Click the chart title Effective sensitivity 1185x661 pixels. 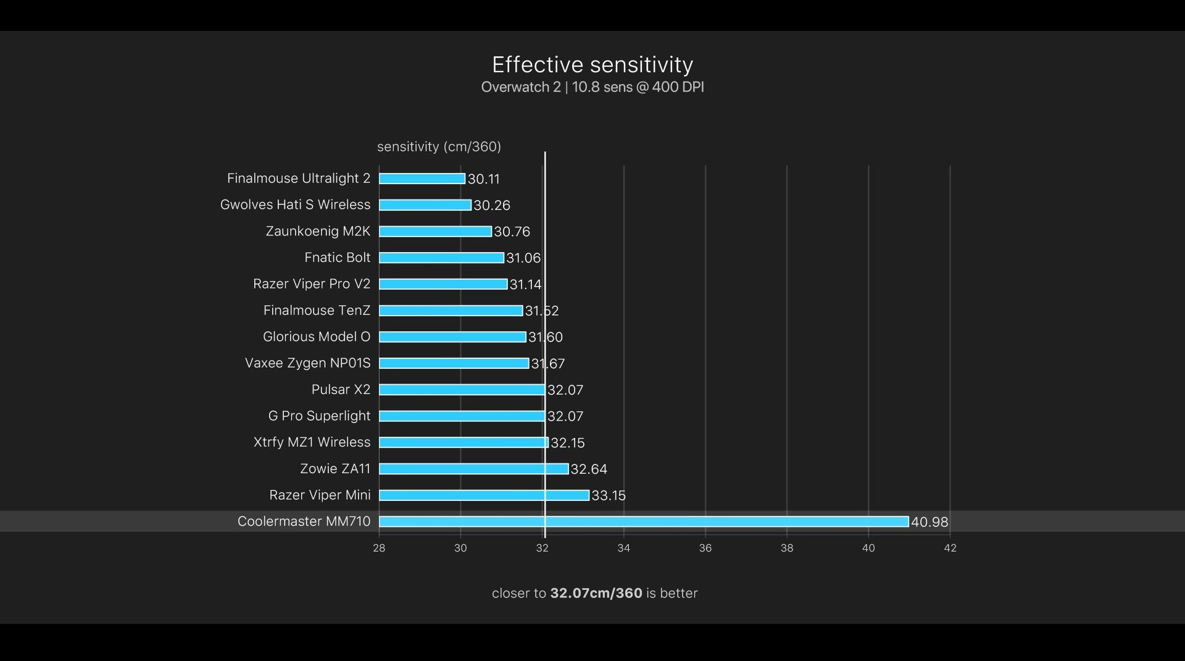pyautogui.click(x=592, y=65)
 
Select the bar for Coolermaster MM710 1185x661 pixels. pyautogui.click(x=643, y=521)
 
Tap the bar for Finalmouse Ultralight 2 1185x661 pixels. pyautogui.click(x=422, y=179)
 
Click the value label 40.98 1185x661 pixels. pyautogui.click(x=929, y=522)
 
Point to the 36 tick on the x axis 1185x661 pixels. pyautogui.click(x=705, y=548)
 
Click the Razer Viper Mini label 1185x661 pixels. pyautogui.click(x=320, y=495)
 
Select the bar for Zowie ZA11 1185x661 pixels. pyautogui.click(x=473, y=469)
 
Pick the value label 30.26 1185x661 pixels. pyautogui.click(x=491, y=205)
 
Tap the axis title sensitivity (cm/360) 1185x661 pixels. pyautogui.click(x=439, y=146)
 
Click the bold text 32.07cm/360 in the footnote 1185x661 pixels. pyautogui.click(x=596, y=593)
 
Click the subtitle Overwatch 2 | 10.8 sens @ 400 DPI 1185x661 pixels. pyautogui.click(x=592, y=87)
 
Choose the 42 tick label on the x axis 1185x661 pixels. pyautogui.click(x=950, y=548)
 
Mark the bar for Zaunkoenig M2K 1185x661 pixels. pyautogui.click(x=435, y=231)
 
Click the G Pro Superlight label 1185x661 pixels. pyautogui.click(x=319, y=416)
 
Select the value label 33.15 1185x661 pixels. pyautogui.click(x=608, y=495)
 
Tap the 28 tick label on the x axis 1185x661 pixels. pyautogui.click(x=379, y=548)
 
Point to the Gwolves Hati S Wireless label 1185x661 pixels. pyautogui.click(x=295, y=204)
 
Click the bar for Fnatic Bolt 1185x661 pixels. pyautogui.click(x=441, y=258)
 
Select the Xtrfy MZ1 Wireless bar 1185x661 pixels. pyautogui.click(x=464, y=442)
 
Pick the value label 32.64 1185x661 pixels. pyautogui.click(x=588, y=469)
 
